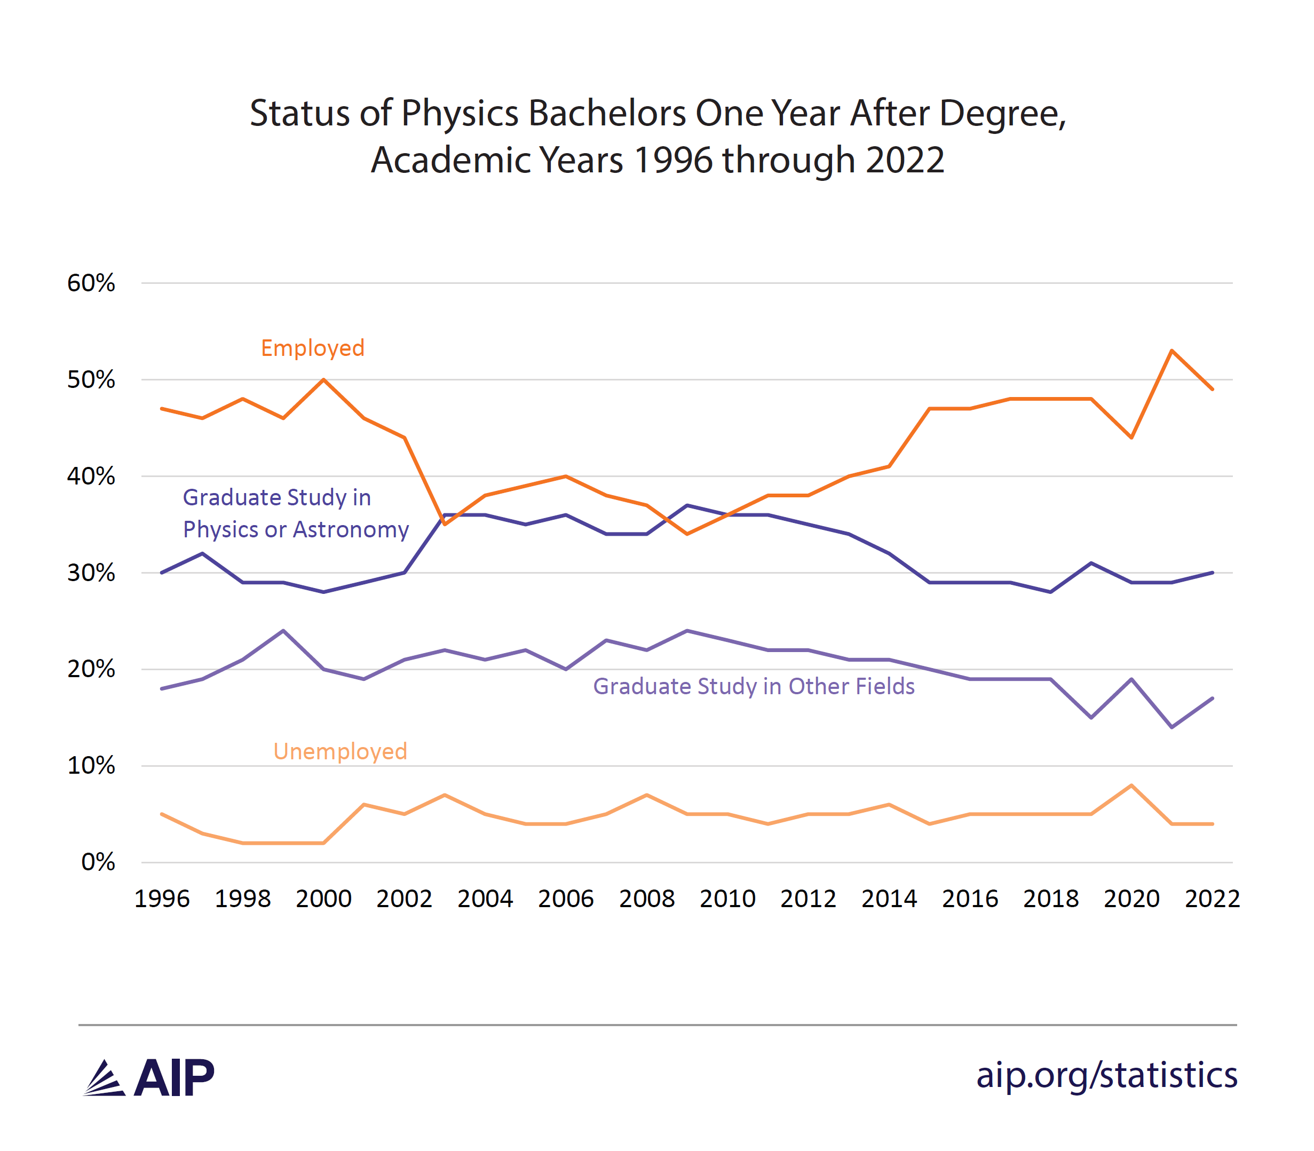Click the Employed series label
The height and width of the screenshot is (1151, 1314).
tap(312, 348)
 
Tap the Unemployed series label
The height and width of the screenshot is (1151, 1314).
tap(340, 751)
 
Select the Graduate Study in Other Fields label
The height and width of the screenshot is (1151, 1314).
tap(753, 686)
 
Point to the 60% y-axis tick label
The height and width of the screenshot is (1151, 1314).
tap(91, 283)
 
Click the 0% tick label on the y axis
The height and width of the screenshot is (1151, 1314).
tap(98, 862)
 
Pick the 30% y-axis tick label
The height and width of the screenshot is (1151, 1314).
tap(91, 573)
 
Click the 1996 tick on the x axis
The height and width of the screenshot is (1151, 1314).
tap(162, 899)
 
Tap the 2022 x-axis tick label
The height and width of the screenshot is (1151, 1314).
tap(1212, 899)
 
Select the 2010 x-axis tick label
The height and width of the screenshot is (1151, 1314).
tap(727, 899)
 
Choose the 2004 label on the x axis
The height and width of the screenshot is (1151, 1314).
tap(485, 899)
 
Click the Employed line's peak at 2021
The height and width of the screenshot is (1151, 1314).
tap(1172, 351)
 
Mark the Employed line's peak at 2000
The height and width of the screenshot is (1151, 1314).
tap(323, 379)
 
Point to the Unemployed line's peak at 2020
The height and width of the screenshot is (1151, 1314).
tap(1131, 785)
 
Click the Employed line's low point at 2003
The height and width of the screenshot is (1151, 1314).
tap(445, 524)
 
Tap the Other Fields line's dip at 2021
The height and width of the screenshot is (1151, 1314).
tap(1172, 727)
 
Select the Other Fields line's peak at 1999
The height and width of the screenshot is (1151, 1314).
tap(283, 631)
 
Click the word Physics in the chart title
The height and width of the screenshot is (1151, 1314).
tap(460, 113)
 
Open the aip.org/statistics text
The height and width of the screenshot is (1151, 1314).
tap(1106, 1075)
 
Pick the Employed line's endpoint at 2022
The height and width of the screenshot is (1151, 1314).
tap(1212, 389)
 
